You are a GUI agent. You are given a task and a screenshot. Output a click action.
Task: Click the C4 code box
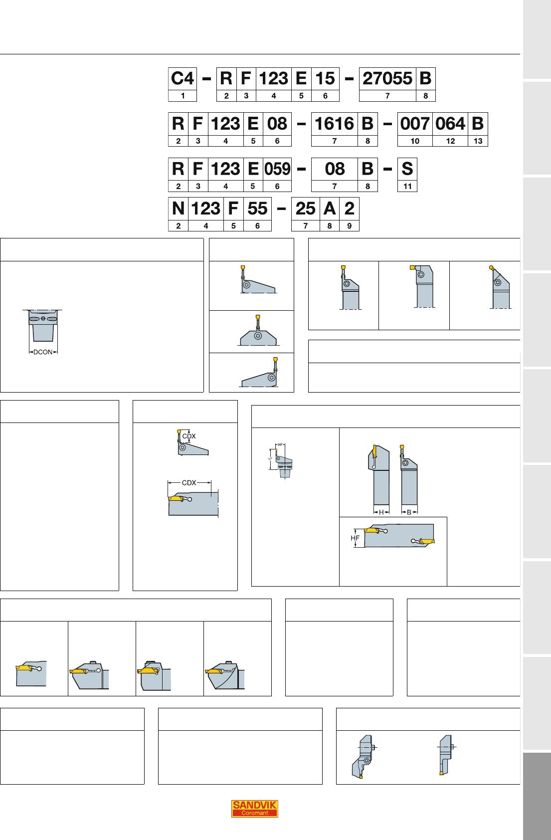click(x=182, y=79)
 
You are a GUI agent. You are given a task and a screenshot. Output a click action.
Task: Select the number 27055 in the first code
click(x=387, y=79)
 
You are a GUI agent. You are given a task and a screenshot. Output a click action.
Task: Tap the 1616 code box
click(x=335, y=124)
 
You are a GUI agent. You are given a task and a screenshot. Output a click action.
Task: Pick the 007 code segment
click(x=415, y=124)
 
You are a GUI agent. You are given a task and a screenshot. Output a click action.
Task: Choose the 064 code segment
click(x=450, y=124)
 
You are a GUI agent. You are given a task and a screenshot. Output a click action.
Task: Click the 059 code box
click(x=277, y=169)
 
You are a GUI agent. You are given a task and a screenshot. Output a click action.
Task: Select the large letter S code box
click(x=407, y=169)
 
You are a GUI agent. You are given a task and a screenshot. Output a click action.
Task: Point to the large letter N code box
click(x=178, y=209)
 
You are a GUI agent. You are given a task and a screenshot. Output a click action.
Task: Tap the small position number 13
click(x=478, y=141)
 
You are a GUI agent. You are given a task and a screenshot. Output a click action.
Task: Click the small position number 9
click(x=350, y=226)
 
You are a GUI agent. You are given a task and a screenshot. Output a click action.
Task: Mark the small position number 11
click(x=407, y=187)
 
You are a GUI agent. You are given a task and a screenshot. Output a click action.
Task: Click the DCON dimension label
click(x=43, y=352)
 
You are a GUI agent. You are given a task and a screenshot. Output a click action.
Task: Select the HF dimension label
click(x=355, y=538)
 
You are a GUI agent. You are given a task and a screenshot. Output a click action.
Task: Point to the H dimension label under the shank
click(x=381, y=512)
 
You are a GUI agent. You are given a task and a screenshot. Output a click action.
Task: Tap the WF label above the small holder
click(x=280, y=445)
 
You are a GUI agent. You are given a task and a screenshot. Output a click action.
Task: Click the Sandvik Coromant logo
click(x=255, y=809)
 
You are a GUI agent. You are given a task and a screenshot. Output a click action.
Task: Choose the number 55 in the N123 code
click(x=257, y=209)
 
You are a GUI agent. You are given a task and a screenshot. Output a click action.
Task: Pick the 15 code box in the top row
click(x=325, y=79)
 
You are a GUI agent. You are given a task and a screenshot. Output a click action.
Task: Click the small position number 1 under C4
click(x=183, y=96)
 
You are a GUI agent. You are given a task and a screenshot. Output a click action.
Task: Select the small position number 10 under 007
click(x=415, y=141)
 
